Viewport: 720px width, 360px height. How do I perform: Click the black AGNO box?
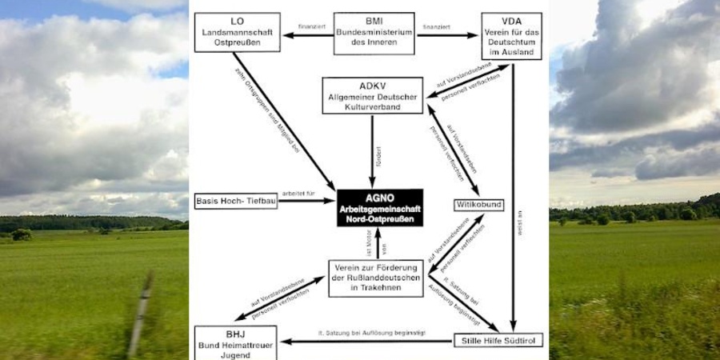tap(379, 207)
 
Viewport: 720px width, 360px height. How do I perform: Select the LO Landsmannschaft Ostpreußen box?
tap(237, 32)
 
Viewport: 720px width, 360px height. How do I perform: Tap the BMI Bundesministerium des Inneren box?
tap(373, 33)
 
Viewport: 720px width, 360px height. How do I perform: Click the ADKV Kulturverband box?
tap(373, 95)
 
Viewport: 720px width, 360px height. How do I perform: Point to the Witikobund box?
tap(479, 205)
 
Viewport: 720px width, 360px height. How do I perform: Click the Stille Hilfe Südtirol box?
tap(498, 341)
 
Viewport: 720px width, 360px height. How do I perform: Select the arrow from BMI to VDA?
tap(447, 34)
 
